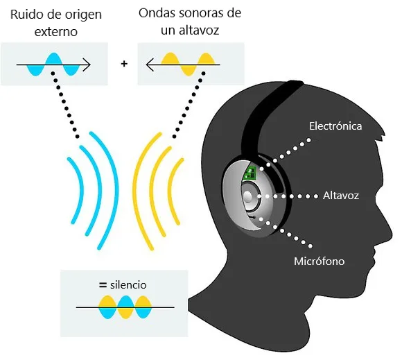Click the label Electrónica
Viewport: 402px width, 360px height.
pos(335,126)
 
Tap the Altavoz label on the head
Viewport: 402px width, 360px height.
pos(341,196)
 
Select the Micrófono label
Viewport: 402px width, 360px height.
pos(320,262)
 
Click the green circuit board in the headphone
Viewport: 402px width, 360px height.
pos(250,173)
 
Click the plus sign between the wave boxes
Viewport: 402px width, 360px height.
pos(124,63)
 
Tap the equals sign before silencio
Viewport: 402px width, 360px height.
pos(103,284)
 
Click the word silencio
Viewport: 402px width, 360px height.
pos(128,285)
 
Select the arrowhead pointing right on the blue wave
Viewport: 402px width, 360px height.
pos(87,65)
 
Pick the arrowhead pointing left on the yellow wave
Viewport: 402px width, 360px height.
pos(150,65)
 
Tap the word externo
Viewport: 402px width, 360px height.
pos(56,32)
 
